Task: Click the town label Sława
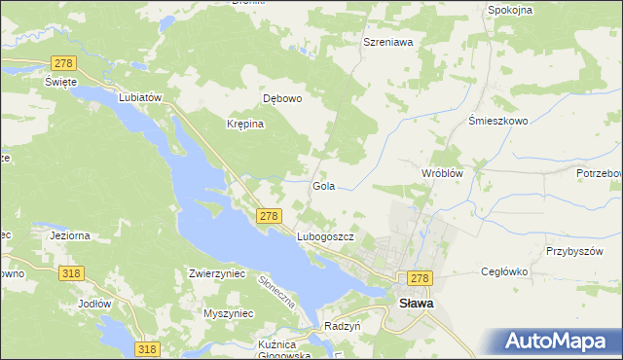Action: point(417,304)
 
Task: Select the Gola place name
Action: point(324,185)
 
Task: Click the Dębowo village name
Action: point(283,98)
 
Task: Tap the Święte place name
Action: point(60,82)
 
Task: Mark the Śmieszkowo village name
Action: point(497,121)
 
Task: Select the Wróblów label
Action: point(440,172)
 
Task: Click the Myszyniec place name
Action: point(228,313)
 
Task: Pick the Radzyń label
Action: point(343,326)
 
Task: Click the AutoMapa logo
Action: point(557,341)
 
